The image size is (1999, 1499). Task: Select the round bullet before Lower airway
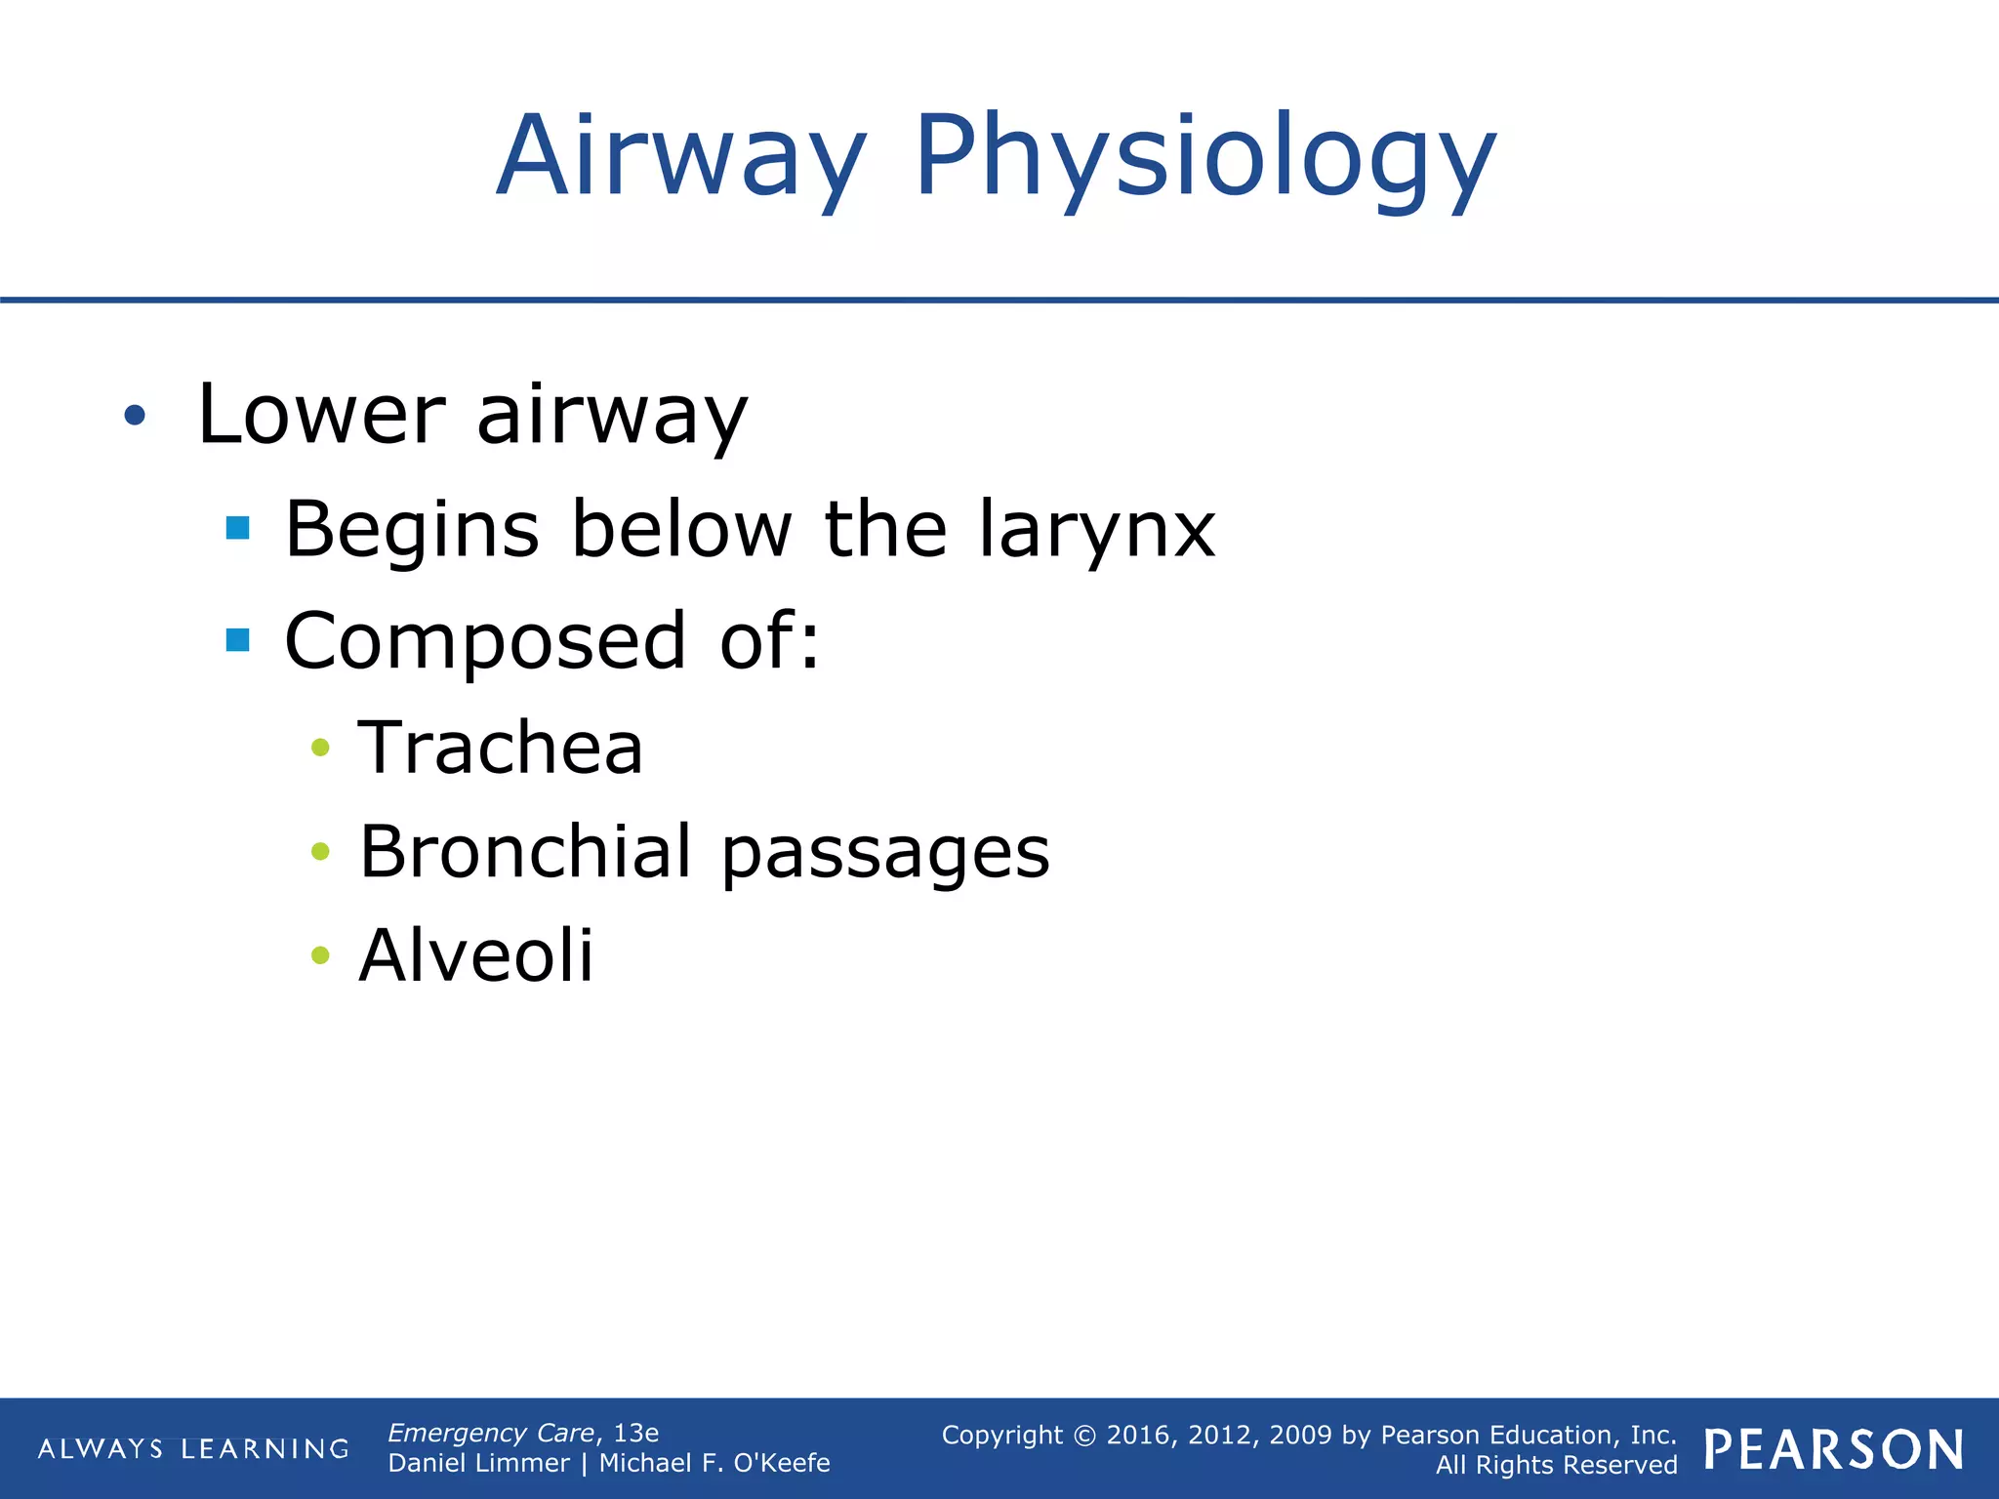point(135,417)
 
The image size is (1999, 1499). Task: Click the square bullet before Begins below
point(237,529)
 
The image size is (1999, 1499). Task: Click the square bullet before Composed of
point(237,640)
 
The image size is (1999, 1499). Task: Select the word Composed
point(485,641)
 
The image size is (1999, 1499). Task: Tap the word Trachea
point(501,748)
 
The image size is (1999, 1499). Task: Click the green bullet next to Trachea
point(320,749)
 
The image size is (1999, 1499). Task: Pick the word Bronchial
point(525,851)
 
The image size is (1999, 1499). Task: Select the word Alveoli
point(476,954)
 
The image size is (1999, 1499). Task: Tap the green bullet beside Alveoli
point(320,954)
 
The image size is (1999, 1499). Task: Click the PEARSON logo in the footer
point(1834,1450)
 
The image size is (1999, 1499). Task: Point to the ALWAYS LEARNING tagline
point(193,1449)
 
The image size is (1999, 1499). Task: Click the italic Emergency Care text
point(491,1433)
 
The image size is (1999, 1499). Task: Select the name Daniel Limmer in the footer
point(478,1463)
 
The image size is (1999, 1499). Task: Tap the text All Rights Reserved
point(1556,1465)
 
